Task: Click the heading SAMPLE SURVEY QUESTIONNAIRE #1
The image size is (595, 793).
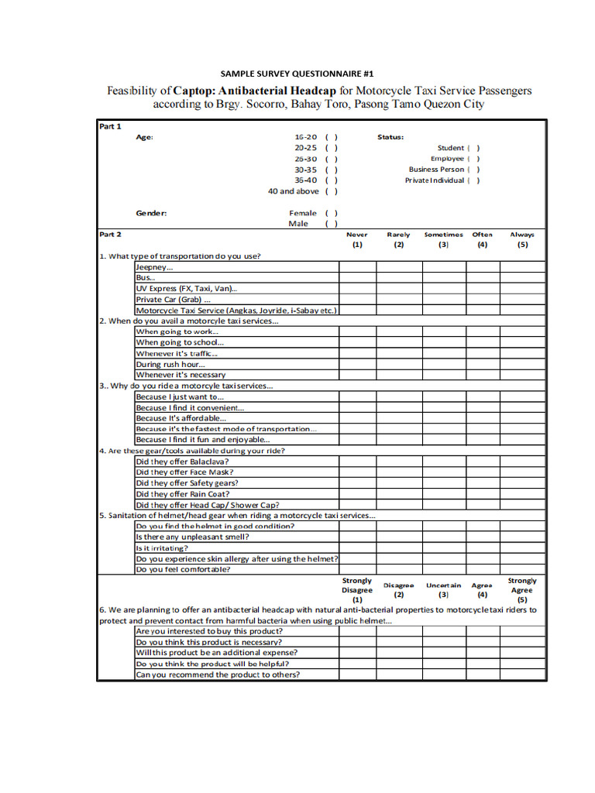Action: point(297,74)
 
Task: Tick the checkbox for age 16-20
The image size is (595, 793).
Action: point(331,137)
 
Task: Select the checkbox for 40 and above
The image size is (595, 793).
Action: point(331,191)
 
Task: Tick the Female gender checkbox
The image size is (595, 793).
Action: point(331,213)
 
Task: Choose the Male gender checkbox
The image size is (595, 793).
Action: point(331,224)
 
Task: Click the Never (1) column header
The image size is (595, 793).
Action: point(357,239)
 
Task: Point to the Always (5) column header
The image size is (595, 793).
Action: point(522,239)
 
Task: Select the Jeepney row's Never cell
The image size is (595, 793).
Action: point(357,267)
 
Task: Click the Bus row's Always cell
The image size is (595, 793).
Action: point(522,278)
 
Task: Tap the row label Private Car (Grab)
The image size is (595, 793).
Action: point(174,300)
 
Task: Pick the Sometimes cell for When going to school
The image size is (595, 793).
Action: point(445,342)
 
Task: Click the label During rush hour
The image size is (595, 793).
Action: point(171,364)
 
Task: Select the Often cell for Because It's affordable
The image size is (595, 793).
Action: point(483,418)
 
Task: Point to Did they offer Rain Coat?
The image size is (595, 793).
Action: point(183,494)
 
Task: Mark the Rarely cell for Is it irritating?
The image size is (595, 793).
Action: point(399,548)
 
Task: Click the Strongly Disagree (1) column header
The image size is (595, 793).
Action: point(357,589)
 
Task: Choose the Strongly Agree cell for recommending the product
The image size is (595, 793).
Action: point(522,675)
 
